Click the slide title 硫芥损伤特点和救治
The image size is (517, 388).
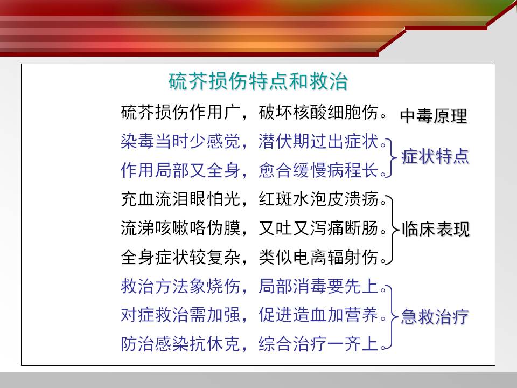pyautogui.click(x=258, y=81)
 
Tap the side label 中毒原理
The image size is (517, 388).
pyautogui.click(x=434, y=116)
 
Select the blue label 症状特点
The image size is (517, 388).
pyautogui.click(x=435, y=156)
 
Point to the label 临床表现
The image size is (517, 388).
pyautogui.click(x=436, y=229)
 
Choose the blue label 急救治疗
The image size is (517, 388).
pyautogui.click(x=435, y=317)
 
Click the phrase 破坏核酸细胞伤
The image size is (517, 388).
pyautogui.click(x=318, y=113)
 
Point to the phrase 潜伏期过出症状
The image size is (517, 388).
pyautogui.click(x=318, y=142)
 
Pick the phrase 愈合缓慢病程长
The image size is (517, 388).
pyautogui.click(x=318, y=170)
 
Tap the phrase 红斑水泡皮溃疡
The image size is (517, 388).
pyautogui.click(x=318, y=199)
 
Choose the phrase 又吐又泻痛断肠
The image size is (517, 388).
pyautogui.click(x=318, y=228)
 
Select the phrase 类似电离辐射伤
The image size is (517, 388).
pyautogui.click(x=318, y=257)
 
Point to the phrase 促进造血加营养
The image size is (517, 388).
pyautogui.click(x=318, y=315)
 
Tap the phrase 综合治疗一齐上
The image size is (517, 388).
pyautogui.click(x=318, y=344)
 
